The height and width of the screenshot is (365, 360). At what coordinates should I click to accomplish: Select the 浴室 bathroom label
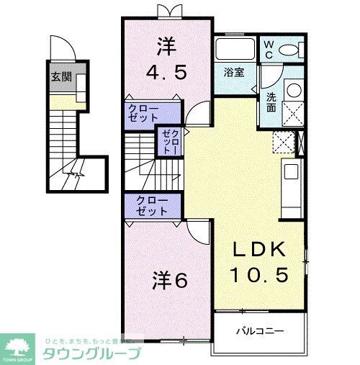[234, 72]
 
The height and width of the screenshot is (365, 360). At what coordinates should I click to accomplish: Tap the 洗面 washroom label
[271, 102]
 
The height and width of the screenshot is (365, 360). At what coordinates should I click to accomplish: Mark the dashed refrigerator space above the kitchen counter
[284, 142]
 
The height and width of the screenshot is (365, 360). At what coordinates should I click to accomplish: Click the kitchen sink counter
[290, 179]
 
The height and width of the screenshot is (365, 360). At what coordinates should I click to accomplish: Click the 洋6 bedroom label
[169, 280]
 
